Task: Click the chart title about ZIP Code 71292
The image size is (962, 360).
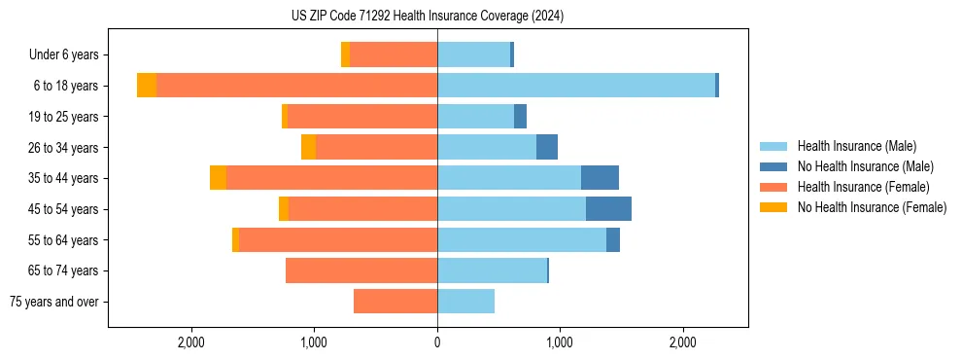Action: click(x=427, y=17)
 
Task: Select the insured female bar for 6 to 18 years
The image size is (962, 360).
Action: click(x=296, y=86)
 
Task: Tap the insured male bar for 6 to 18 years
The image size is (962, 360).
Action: click(x=576, y=86)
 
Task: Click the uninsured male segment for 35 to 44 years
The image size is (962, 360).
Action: click(x=600, y=178)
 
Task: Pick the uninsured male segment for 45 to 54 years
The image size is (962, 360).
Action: click(x=608, y=209)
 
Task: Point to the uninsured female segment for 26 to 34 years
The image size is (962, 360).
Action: click(x=308, y=147)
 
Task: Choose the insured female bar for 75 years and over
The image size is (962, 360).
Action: click(x=395, y=302)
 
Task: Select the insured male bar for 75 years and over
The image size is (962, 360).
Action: click(x=465, y=302)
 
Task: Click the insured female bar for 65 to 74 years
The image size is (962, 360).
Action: click(x=361, y=270)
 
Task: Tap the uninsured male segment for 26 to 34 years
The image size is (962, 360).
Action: click(x=547, y=147)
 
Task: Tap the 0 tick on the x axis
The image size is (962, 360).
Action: click(x=437, y=342)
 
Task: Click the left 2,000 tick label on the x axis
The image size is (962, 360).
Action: click(x=191, y=342)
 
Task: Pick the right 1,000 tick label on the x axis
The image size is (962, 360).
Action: click(x=560, y=342)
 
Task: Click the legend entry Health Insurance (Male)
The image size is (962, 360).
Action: click(x=856, y=146)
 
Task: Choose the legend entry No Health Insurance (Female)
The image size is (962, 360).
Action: click(x=872, y=207)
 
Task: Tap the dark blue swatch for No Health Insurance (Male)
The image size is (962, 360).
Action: click(x=773, y=166)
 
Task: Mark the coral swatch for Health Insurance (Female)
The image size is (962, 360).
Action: click(x=773, y=187)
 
